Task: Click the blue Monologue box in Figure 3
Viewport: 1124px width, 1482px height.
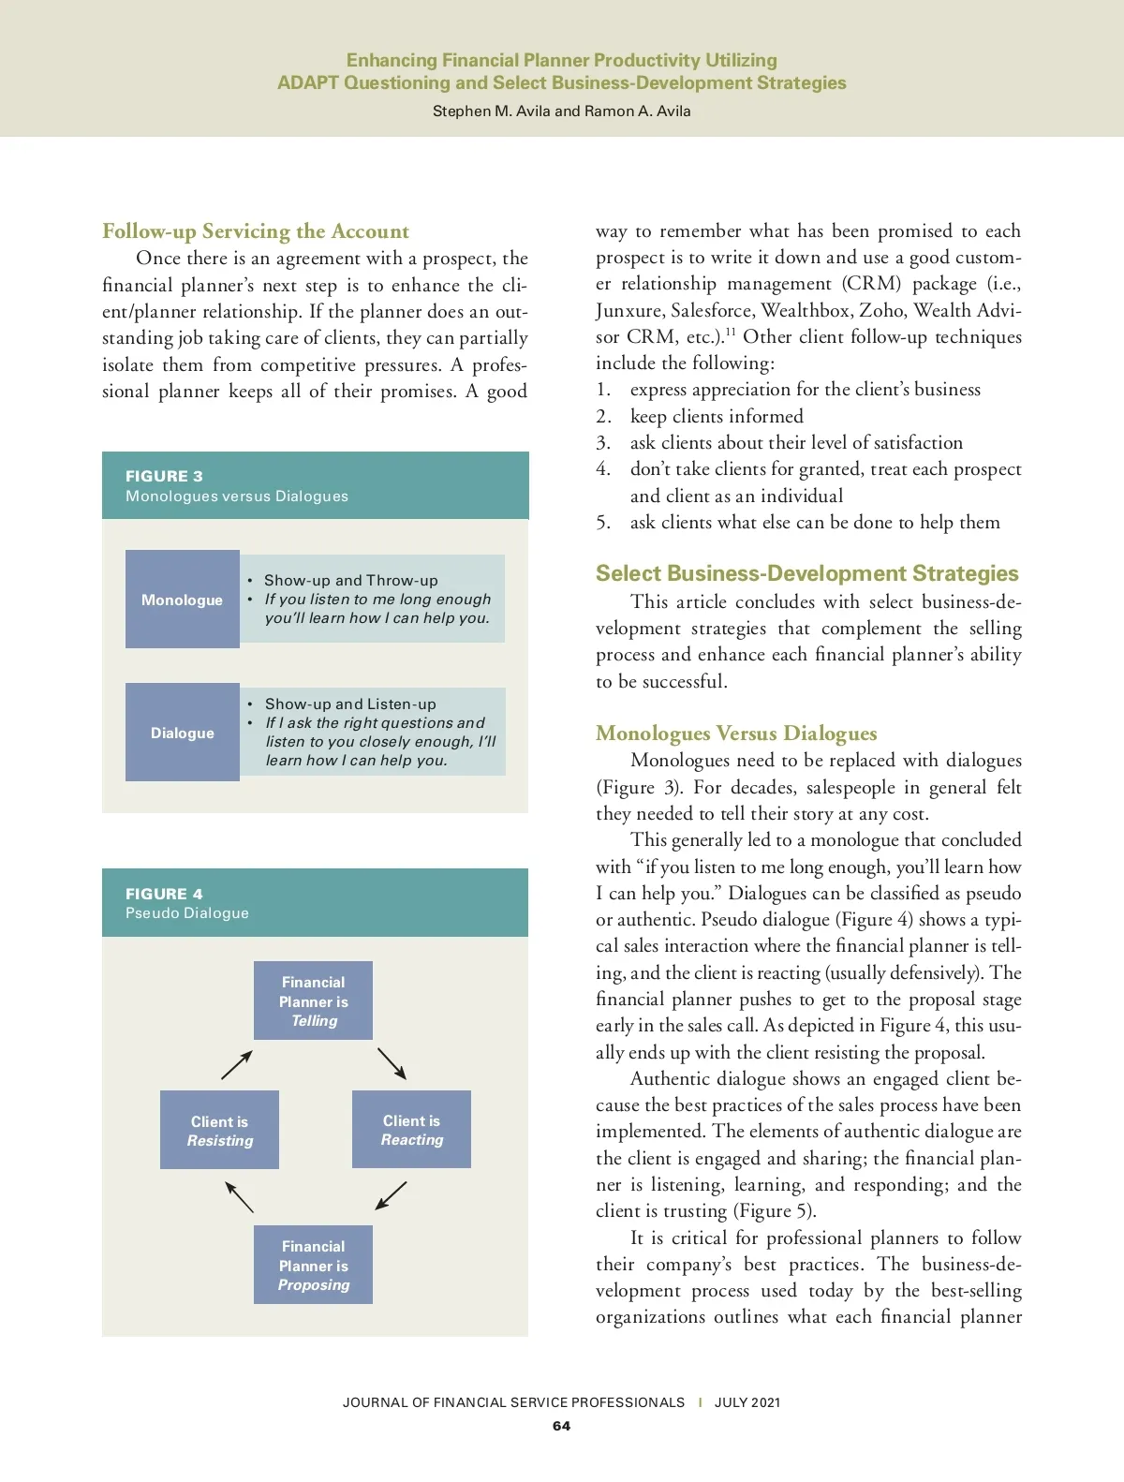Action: [x=182, y=600]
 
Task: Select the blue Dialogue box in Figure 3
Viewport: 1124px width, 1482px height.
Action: [x=182, y=733]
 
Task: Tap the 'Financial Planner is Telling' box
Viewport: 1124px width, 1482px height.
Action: [x=313, y=1000]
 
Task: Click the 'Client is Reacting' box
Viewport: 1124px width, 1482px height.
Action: [x=411, y=1130]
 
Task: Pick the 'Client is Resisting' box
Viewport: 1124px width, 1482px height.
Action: [x=219, y=1130]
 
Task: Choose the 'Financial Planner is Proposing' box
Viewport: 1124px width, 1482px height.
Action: [x=313, y=1265]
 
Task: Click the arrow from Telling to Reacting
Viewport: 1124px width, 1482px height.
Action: [x=392, y=1063]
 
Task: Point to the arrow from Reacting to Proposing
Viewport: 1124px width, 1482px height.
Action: [x=391, y=1195]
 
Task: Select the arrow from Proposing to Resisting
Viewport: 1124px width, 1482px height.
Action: [x=239, y=1196]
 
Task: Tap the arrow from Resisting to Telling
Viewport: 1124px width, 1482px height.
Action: [x=237, y=1064]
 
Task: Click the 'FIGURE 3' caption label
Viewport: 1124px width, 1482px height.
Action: [x=164, y=476]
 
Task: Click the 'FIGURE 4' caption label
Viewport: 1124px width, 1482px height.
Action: [x=164, y=894]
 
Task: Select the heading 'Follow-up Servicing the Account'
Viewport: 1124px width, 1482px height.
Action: [x=256, y=231]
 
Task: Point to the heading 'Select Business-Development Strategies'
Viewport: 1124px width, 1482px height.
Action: [x=806, y=573]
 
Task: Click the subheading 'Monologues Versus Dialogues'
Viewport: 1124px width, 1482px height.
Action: [x=736, y=734]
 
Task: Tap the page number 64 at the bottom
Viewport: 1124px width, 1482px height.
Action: [x=561, y=1426]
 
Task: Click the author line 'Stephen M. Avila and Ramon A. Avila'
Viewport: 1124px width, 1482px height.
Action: [x=561, y=111]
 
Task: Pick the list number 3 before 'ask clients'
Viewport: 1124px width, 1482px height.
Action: [x=603, y=443]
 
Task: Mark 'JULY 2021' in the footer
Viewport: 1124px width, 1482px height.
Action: [x=747, y=1402]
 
